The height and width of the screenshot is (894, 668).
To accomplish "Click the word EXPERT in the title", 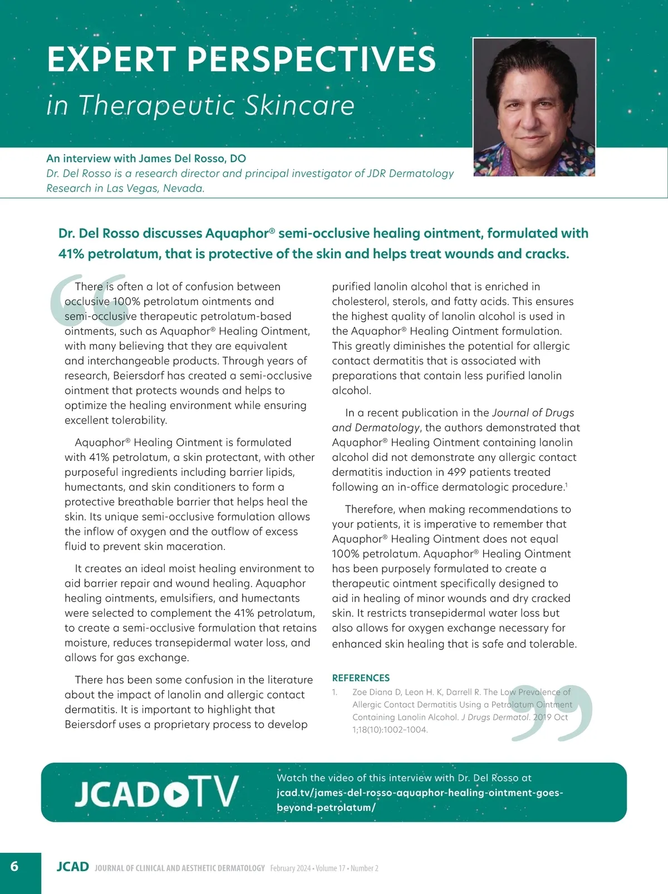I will pyautogui.click(x=111, y=60).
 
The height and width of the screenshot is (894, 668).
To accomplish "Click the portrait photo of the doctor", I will pyautogui.click(x=534, y=107).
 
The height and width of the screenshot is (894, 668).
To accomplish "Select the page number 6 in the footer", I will pyautogui.click(x=14, y=866).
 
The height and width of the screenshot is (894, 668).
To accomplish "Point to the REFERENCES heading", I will pyautogui.click(x=361, y=677).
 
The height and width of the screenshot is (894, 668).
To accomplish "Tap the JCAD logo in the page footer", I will pyautogui.click(x=73, y=867).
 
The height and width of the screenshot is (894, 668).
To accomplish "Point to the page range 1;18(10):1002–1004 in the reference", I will pyautogui.click(x=390, y=730).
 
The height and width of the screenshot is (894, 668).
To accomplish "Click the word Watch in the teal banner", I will pyautogui.click(x=292, y=778).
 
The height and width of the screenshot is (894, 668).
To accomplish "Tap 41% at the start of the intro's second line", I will pyautogui.click(x=71, y=254).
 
